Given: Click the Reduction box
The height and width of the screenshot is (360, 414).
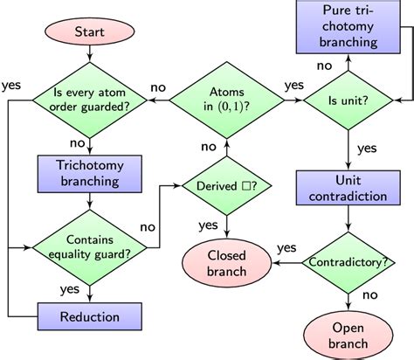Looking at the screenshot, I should pos(90,314).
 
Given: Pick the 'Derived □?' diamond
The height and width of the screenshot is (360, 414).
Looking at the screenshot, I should pos(226,185).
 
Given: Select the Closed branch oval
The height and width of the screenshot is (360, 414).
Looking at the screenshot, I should pos(227,262).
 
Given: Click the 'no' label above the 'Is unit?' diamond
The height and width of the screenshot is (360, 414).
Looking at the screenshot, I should pos(324,64).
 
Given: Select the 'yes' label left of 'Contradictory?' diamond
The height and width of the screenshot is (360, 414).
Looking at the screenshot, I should pos(286,248).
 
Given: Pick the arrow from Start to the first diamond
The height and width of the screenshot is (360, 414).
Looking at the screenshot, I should pos(90,62).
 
